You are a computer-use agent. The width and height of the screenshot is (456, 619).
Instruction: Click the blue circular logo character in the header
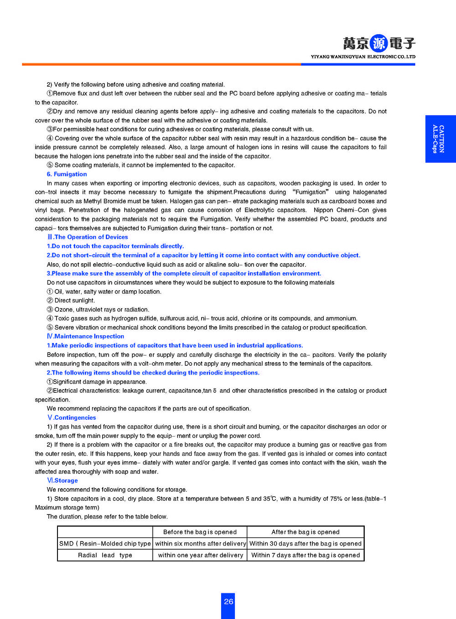click(378, 43)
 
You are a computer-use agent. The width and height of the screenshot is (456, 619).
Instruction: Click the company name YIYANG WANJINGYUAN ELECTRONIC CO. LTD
click(363, 57)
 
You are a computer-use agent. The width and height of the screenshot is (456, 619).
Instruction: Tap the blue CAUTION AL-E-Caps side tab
click(440, 139)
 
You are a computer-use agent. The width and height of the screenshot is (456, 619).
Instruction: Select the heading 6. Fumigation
click(67, 174)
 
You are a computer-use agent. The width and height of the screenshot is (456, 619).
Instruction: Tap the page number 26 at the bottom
click(228, 602)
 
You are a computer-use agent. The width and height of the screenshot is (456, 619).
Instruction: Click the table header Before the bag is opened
click(200, 532)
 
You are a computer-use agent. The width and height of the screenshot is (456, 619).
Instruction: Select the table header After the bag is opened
click(306, 532)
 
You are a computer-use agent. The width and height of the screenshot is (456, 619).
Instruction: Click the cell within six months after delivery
click(200, 544)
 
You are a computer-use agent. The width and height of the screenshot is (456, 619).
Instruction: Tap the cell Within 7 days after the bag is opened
click(306, 556)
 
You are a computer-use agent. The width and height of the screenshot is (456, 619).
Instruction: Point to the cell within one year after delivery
click(200, 556)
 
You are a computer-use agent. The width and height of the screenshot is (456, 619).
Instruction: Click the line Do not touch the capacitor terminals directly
click(115, 246)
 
